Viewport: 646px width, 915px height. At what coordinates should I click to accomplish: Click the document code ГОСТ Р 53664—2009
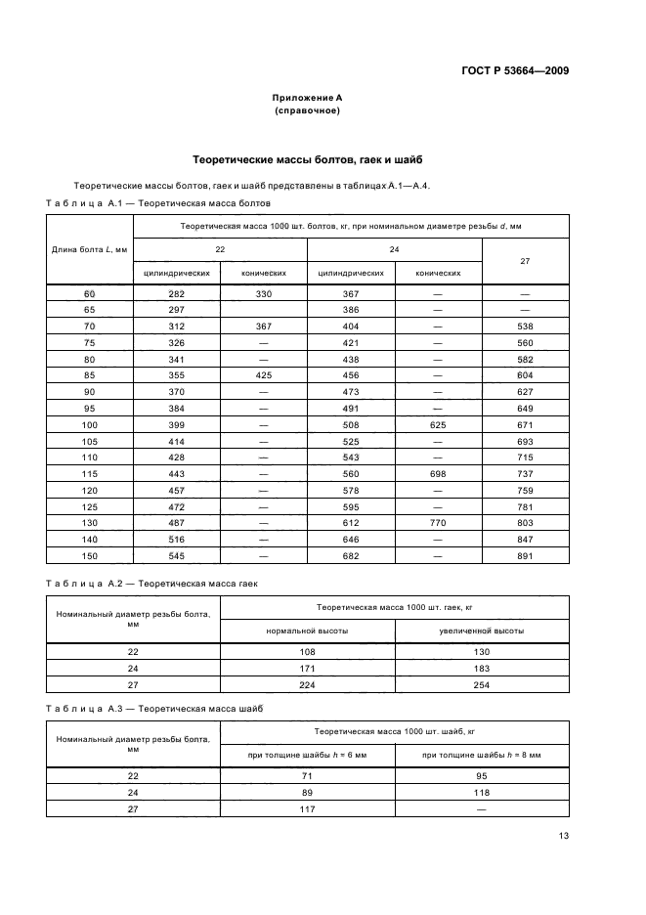click(514, 71)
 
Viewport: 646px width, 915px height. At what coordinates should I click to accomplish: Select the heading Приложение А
click(307, 99)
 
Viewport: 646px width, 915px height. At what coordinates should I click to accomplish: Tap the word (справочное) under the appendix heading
click(307, 111)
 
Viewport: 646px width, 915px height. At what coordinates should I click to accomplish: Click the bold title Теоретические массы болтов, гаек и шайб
click(307, 159)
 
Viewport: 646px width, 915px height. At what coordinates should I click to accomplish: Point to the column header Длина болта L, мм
click(90, 249)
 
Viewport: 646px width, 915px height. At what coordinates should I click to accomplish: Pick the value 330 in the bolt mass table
click(263, 294)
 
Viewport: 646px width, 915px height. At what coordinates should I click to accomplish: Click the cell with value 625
click(438, 426)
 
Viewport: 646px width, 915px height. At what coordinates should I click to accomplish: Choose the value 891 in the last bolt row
click(525, 556)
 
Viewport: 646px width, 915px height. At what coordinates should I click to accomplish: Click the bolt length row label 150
click(90, 556)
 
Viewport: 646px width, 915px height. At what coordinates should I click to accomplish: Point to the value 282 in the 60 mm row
click(177, 294)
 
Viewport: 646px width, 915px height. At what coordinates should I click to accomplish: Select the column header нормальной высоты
click(307, 631)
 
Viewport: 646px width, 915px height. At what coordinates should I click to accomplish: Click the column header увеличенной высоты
click(482, 631)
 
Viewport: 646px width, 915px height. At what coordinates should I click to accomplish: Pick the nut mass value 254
click(482, 685)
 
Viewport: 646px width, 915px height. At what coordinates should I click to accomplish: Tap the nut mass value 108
click(307, 652)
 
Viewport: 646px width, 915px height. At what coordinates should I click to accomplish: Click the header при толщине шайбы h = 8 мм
click(482, 755)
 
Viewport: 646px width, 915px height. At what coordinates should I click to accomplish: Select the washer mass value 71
click(307, 775)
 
